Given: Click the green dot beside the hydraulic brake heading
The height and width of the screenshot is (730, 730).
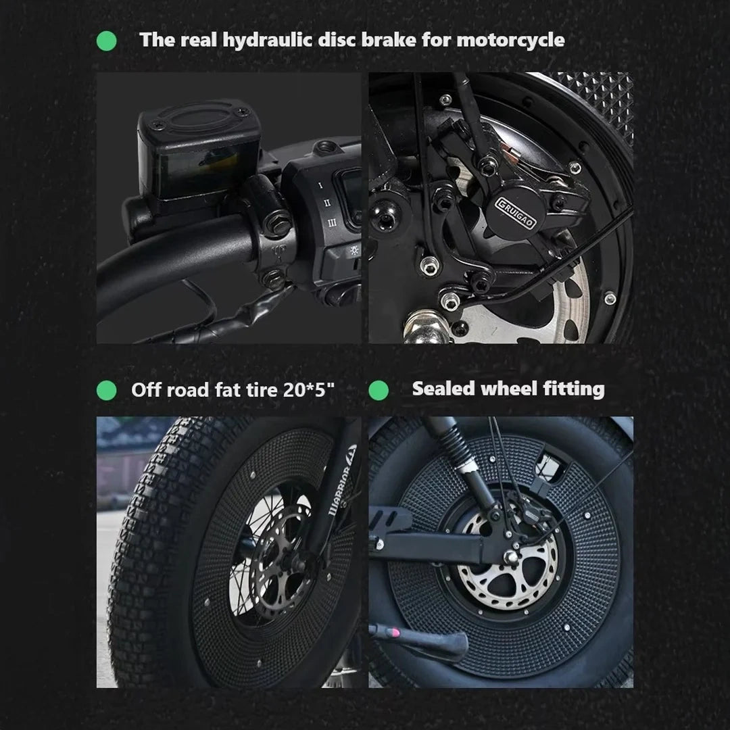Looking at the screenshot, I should click(106, 41).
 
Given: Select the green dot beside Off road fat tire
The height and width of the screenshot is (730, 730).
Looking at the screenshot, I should click(106, 390).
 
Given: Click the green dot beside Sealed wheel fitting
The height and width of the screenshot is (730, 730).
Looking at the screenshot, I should click(379, 390).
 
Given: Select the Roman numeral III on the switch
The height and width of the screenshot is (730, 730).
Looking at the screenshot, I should click(332, 222).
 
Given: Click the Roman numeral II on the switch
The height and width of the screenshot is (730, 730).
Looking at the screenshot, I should click(326, 202).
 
